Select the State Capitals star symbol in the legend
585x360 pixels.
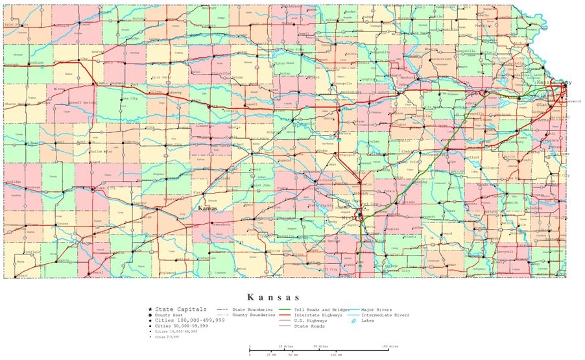tap(150, 309)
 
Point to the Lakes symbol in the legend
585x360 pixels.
tap(354, 321)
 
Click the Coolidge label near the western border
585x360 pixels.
tap(13, 182)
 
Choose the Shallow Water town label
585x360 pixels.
tap(101, 150)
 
